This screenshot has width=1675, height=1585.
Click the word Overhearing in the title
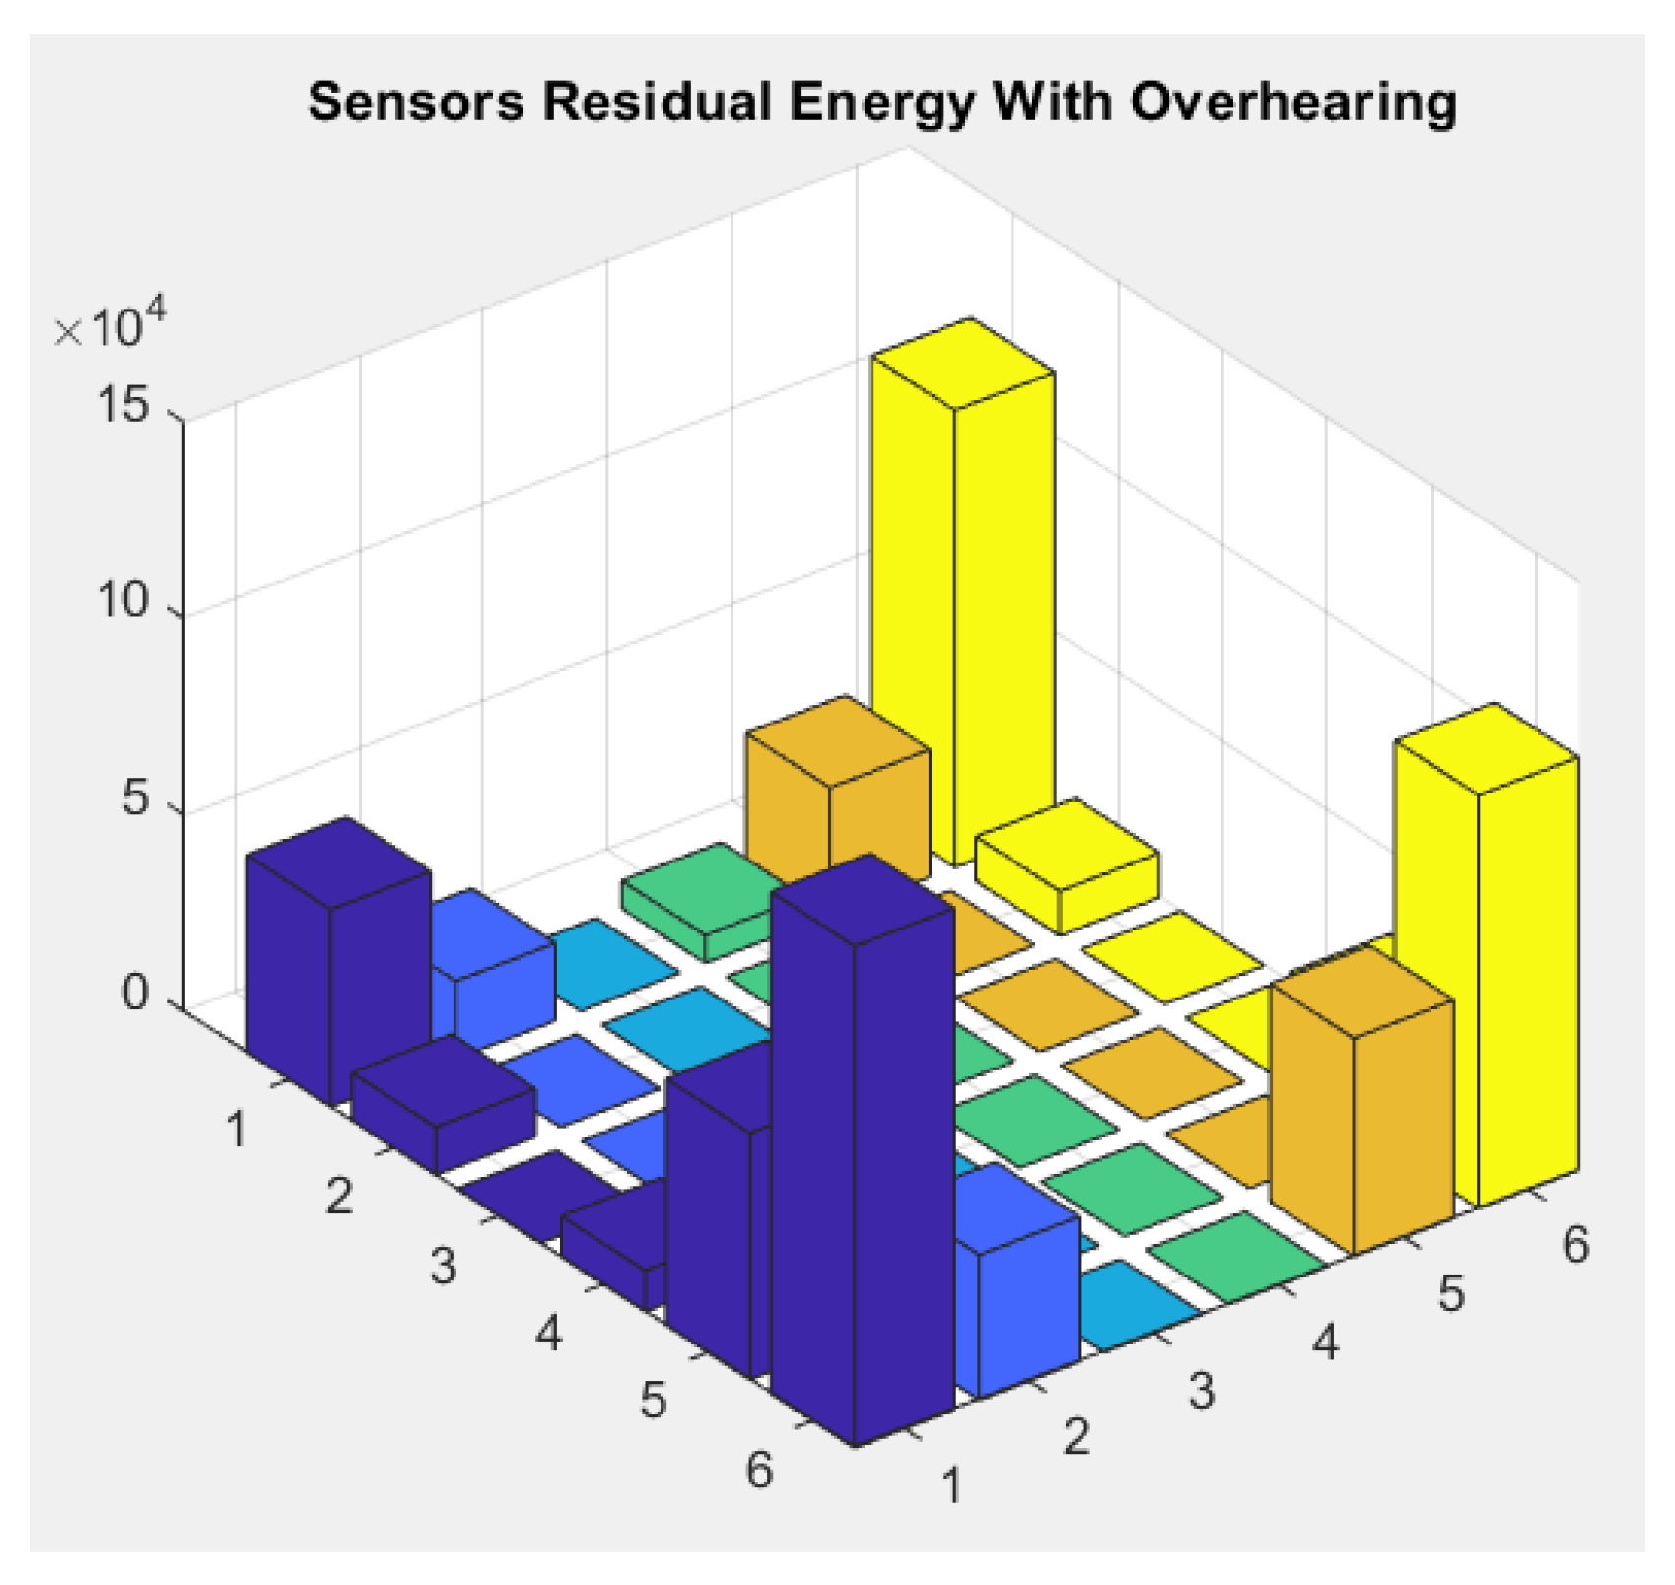coord(1292,103)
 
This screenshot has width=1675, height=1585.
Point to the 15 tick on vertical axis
coord(123,407)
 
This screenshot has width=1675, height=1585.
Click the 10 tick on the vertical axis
coord(123,601)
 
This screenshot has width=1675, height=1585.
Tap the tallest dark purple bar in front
coord(863,1163)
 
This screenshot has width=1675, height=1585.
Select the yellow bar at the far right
coord(1489,946)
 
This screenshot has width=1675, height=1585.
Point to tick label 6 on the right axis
coord(1575,1245)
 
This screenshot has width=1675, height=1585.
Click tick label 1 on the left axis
coord(236,1130)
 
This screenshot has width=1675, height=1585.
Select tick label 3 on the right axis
coord(1201,1391)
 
